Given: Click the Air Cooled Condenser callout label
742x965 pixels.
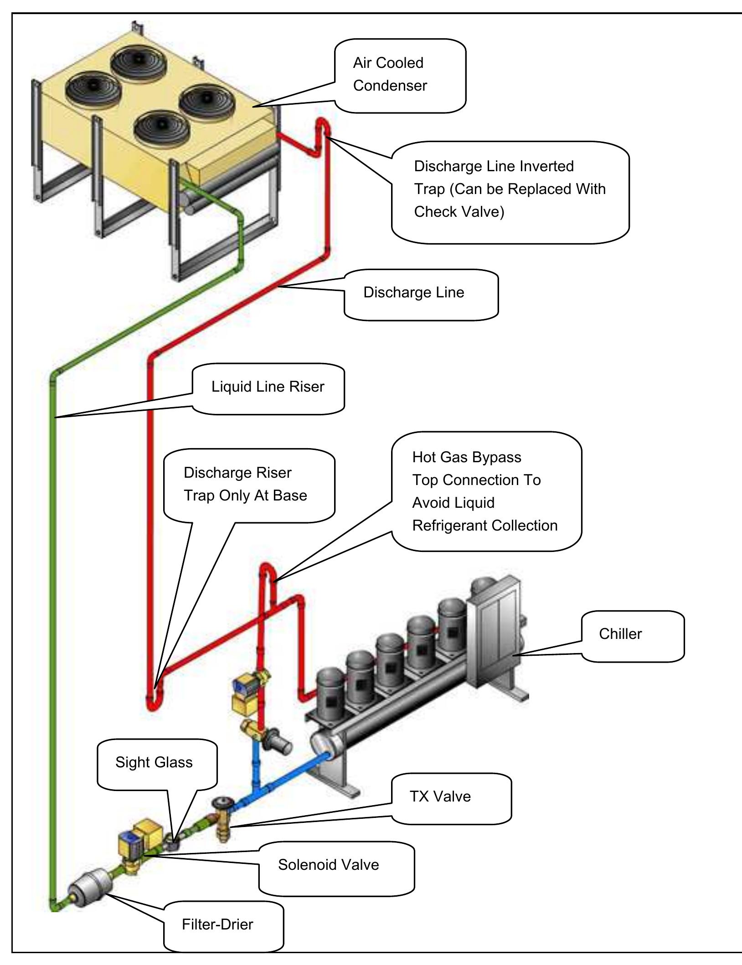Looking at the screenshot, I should pyautogui.click(x=390, y=74).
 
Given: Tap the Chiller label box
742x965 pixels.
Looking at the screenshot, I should pyautogui.click(x=620, y=634).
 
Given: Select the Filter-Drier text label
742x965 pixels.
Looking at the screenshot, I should pyautogui.click(x=217, y=924).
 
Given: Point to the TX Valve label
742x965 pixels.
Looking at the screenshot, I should pyautogui.click(x=440, y=797).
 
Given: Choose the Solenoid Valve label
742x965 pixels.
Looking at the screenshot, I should pyautogui.click(x=328, y=864).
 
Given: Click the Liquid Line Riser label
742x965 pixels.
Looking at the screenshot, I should pyautogui.click(x=268, y=387).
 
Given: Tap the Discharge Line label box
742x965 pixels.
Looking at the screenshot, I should pyautogui.click(x=413, y=292).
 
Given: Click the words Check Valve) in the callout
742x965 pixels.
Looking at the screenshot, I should pyautogui.click(x=459, y=212).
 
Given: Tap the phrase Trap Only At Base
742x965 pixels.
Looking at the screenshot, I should pyautogui.click(x=245, y=495).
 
